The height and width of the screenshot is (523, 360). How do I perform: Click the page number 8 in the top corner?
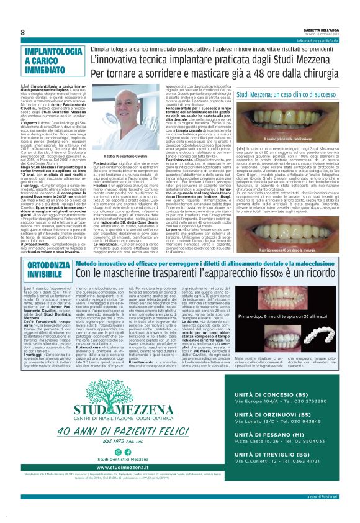click(x=23, y=32)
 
